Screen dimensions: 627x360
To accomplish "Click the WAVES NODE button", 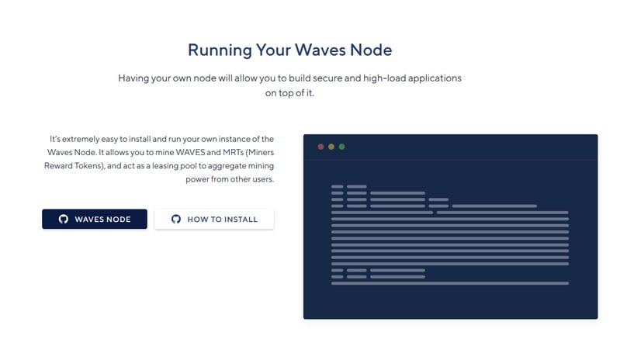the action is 95,219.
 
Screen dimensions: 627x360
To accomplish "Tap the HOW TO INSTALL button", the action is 214,219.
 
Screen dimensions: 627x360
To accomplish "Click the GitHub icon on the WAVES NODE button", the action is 63,219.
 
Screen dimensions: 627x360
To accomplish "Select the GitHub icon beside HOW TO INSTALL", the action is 176,219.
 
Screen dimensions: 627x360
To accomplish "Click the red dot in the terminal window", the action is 320,147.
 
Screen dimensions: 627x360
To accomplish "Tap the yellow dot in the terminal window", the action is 331,147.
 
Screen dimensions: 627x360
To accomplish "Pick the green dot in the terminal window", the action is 342,147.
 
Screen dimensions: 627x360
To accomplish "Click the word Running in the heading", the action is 220,50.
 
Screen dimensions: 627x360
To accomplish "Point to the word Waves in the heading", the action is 320,50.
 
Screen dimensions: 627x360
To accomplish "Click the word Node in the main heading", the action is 371,50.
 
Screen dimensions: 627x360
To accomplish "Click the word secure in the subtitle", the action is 327,78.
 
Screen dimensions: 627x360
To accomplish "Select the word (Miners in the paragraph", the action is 260,152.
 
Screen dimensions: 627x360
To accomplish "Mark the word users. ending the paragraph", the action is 263,179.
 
